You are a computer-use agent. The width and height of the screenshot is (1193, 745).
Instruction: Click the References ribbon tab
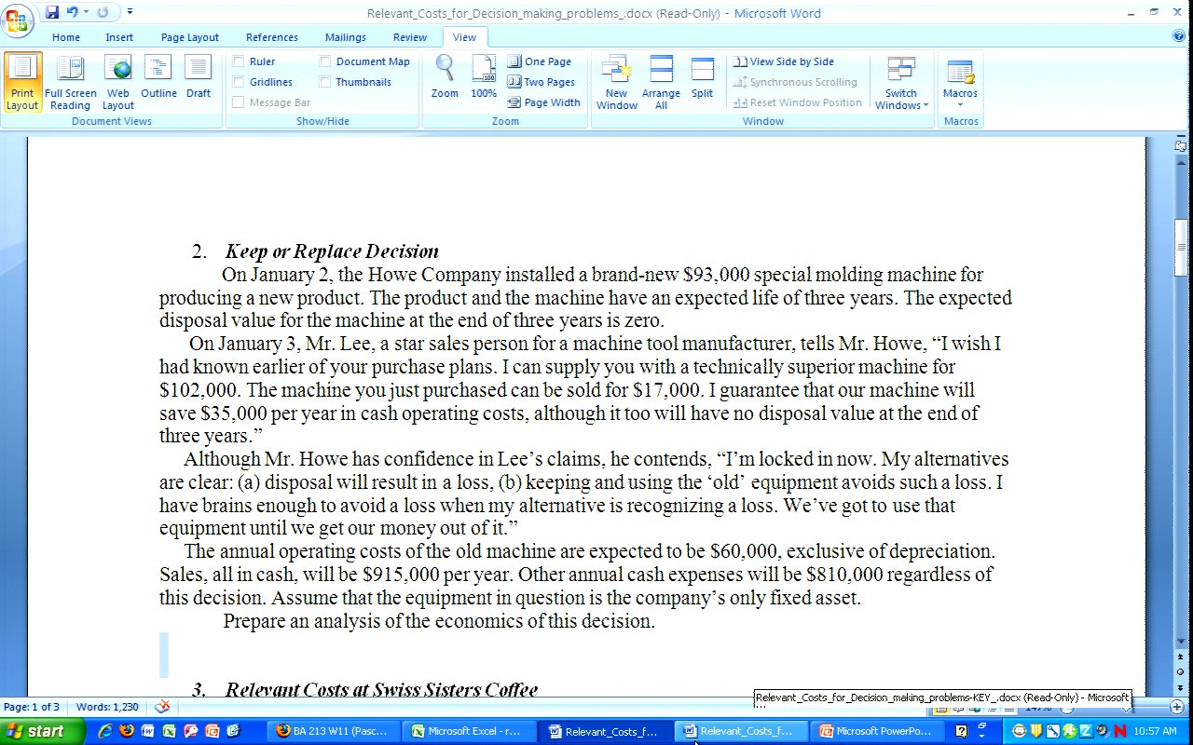coord(271,37)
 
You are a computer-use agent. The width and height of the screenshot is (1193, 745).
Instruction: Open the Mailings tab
coord(345,37)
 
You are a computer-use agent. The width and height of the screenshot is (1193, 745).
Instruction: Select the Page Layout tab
coord(189,37)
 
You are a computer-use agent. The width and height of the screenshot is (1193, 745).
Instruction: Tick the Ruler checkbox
coord(239,61)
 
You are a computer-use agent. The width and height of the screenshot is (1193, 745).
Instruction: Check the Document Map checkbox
coord(325,61)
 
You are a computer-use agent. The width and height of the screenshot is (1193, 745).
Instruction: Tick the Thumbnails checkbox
coord(325,82)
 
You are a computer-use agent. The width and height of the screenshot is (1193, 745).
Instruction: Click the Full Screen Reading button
coord(70,82)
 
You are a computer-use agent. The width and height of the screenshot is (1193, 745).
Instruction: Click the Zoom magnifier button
coord(445,77)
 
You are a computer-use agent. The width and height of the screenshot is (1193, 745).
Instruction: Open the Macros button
coord(960,82)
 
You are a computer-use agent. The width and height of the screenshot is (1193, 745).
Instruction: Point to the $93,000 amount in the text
coord(716,275)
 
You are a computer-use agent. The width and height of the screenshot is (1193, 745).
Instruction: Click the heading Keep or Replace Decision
coord(331,251)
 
